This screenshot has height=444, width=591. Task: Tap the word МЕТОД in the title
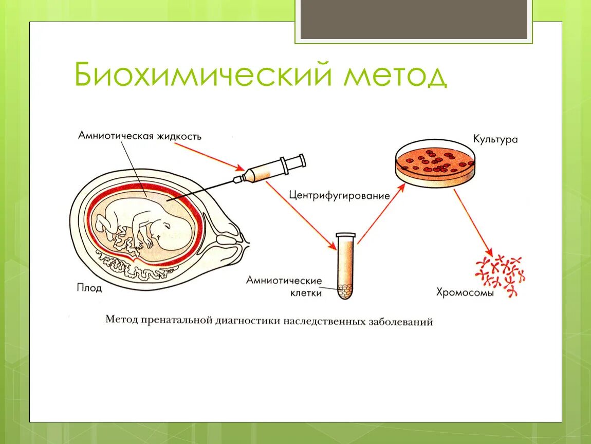(396, 76)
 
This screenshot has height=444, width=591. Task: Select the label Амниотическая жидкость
(140, 136)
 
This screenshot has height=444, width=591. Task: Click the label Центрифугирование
(339, 195)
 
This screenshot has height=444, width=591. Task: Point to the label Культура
(495, 139)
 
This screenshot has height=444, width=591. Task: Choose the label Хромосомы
(465, 293)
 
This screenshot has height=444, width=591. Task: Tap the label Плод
(89, 288)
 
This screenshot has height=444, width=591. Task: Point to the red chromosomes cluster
(500, 275)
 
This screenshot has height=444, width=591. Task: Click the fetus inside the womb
(149, 226)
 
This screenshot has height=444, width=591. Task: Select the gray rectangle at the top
(414, 20)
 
